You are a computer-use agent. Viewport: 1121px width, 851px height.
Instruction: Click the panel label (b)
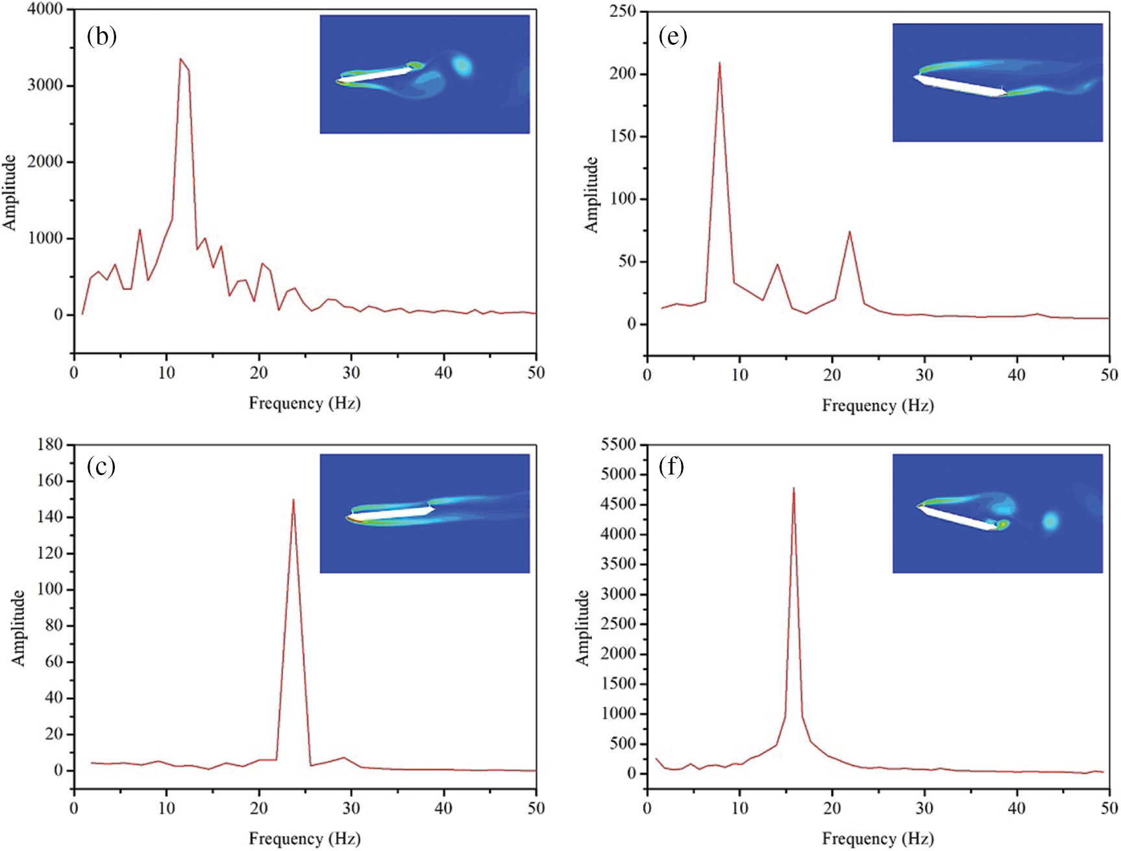(102, 36)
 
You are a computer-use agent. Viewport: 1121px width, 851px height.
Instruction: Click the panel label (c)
(101, 466)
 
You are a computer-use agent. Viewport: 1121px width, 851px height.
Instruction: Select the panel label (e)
(672, 36)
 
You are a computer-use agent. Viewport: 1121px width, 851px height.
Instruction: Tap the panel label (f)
(672, 466)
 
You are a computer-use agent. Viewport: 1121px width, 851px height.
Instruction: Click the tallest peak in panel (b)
(180, 59)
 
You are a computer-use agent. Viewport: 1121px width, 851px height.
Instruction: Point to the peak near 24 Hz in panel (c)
(293, 500)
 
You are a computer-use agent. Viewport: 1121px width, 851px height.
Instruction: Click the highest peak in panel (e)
(719, 63)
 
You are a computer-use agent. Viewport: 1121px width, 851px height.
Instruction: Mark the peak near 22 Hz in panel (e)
(849, 232)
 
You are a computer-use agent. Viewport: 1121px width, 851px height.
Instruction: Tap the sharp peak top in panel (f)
(793, 488)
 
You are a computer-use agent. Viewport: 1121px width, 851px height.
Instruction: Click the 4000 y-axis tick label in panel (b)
(45, 10)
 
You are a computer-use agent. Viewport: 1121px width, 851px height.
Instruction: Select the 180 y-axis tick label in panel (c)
(50, 445)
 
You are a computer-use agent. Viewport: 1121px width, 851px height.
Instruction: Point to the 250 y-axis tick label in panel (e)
(622, 12)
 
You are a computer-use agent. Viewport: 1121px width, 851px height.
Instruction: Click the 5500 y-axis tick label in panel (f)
(619, 445)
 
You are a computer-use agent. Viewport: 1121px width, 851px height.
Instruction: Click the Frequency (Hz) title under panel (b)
(304, 403)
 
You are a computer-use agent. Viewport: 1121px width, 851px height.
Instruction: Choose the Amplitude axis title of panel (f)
(582, 627)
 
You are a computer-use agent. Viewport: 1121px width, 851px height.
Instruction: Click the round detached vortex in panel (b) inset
(462, 65)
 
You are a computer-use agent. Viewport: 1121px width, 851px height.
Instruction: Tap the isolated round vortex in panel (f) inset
(1050, 521)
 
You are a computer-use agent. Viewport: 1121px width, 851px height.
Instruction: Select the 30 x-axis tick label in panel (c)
(351, 808)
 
